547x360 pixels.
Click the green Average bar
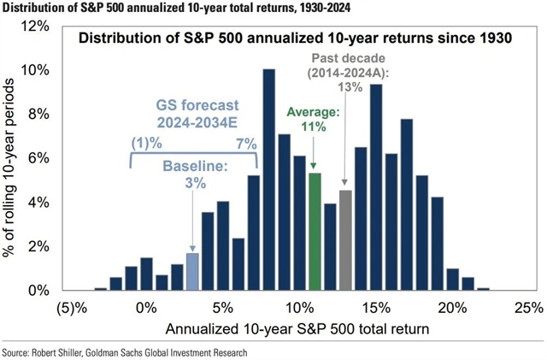315,232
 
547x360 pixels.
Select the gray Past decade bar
345,240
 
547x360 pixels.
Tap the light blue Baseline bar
192,272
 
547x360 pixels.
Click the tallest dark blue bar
268,180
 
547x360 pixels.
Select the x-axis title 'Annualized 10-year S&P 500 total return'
297,328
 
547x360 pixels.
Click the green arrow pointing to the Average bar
314,154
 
